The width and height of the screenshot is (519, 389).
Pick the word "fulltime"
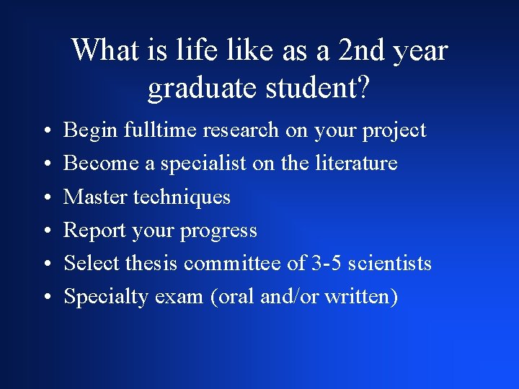pos(161,130)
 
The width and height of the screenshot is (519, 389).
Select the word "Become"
pos(101,164)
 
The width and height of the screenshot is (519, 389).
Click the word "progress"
pos(218,231)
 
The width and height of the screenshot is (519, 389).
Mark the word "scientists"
pos(390,264)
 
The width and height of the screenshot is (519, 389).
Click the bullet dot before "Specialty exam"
pos(45,298)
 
